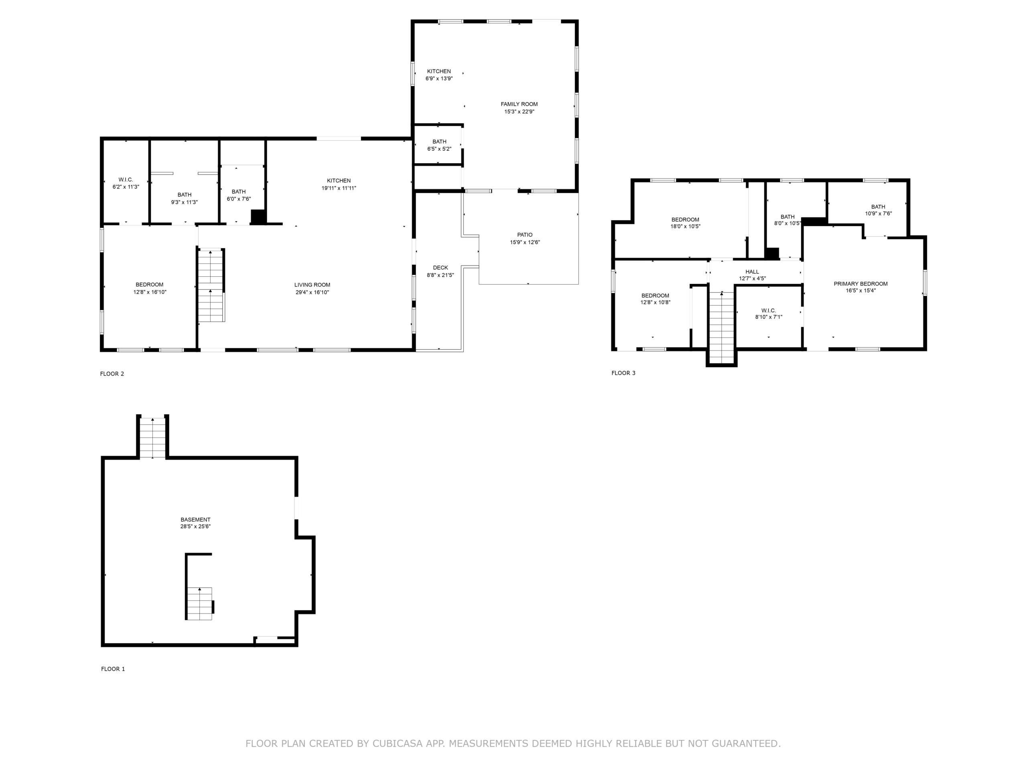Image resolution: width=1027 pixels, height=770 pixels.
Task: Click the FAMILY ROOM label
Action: tap(519, 104)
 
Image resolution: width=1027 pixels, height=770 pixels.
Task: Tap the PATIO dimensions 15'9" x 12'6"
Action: tap(525, 242)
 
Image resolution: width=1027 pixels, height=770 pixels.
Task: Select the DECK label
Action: tap(440, 268)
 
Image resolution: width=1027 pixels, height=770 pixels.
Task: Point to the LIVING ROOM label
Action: tap(312, 285)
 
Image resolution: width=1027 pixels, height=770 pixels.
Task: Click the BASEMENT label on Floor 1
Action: tap(195, 520)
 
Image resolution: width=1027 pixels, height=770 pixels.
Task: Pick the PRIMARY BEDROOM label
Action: tap(861, 284)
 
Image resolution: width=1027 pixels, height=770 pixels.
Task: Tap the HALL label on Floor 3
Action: tap(752, 272)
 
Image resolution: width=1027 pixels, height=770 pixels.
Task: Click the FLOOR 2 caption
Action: tap(112, 374)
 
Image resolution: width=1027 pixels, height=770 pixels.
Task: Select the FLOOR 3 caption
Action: tap(623, 373)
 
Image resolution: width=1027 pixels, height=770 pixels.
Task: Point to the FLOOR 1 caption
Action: tap(113, 669)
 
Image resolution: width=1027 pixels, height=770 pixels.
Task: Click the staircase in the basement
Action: tap(200, 604)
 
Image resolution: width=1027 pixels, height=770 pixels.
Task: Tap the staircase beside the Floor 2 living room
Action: tap(211, 286)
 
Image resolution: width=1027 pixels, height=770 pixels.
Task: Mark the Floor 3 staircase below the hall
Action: tap(721, 327)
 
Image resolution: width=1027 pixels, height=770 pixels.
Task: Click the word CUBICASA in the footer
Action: tap(398, 744)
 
